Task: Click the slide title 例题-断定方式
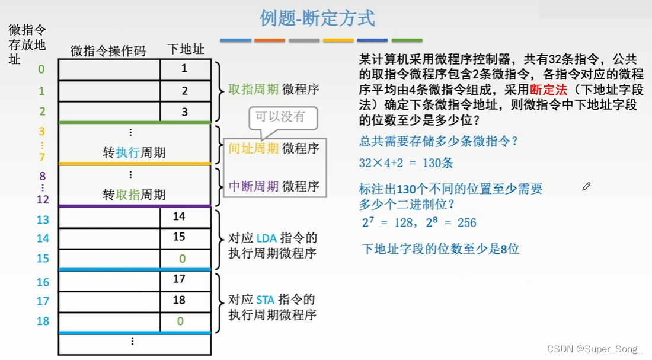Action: coord(317,18)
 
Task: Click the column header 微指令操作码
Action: coord(108,50)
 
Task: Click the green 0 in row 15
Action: coord(183,259)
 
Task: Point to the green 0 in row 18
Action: coord(181,321)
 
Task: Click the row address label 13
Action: coord(43,220)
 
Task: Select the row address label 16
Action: coord(43,282)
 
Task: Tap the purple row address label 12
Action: coord(43,200)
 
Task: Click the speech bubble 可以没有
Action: coord(280,117)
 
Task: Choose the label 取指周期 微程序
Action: coord(274,90)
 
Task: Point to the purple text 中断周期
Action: coord(253,186)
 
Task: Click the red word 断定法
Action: coord(548,90)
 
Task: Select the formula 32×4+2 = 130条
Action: coord(406,163)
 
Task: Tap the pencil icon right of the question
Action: coord(586,187)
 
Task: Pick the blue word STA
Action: coord(265,300)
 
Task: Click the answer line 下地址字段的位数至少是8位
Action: coord(440,249)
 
